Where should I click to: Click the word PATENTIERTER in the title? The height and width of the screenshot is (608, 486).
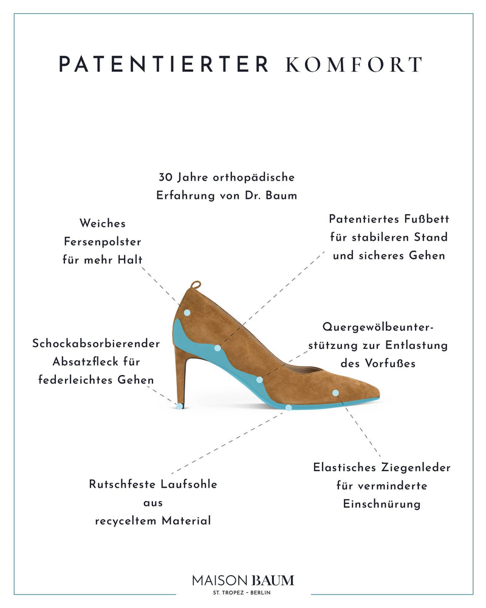(x=163, y=64)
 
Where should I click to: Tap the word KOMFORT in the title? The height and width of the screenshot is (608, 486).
(x=354, y=64)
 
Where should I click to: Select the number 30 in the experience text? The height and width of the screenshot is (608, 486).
(x=166, y=177)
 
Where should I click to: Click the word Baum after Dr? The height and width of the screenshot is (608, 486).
(x=281, y=195)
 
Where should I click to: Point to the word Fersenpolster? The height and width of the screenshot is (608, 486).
(x=102, y=241)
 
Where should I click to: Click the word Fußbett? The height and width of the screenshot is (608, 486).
(x=426, y=219)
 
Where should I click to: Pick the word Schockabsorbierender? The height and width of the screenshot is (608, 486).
(x=96, y=343)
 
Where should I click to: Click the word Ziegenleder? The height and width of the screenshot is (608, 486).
(x=416, y=467)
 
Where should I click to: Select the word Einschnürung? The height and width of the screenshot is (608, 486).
(x=382, y=503)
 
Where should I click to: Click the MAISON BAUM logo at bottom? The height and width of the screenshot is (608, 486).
(x=243, y=581)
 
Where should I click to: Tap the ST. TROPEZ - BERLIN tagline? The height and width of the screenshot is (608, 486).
(x=242, y=592)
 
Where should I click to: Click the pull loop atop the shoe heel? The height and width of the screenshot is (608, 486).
(x=196, y=285)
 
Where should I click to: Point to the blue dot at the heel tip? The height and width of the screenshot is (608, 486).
(x=180, y=406)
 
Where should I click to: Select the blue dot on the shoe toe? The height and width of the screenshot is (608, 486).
(x=335, y=393)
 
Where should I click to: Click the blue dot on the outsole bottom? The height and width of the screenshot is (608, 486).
(x=289, y=407)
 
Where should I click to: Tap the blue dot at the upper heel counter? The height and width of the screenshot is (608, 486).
(x=187, y=313)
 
